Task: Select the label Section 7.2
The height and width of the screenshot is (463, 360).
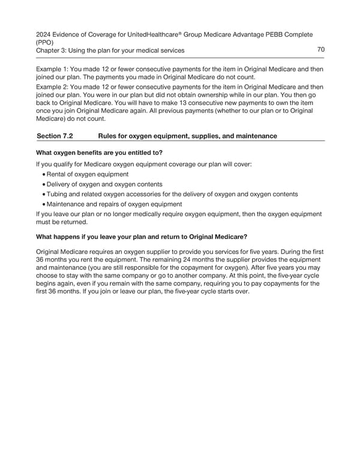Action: coord(55,136)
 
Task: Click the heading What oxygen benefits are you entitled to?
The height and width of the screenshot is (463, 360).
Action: coord(100,153)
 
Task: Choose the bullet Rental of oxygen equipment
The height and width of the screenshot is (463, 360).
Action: coord(88,174)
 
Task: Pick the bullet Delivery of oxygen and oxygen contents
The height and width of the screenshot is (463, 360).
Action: coord(104,184)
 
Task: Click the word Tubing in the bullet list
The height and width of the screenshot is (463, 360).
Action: coord(57,194)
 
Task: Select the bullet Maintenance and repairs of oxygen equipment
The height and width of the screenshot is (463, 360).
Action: coord(113,204)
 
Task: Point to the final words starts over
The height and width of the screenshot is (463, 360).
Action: coord(235,292)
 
